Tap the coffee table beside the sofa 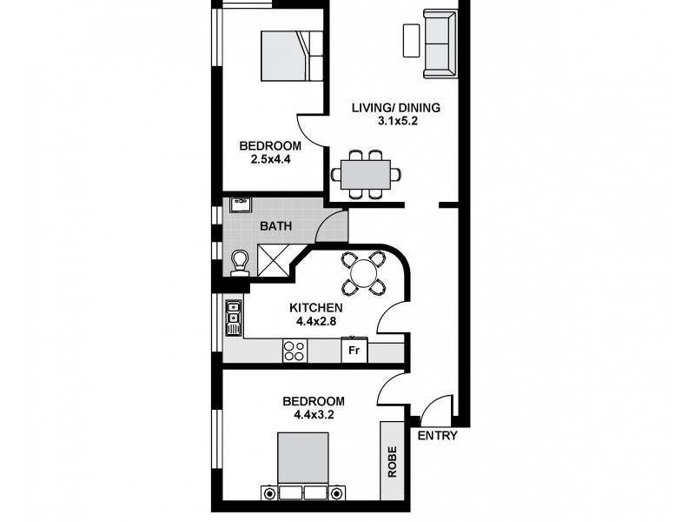412,40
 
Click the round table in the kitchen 362,274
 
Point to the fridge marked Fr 354,351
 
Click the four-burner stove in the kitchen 295,351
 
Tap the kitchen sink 233,318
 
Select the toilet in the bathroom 239,260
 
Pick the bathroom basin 240,205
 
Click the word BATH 275,228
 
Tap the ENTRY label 437,436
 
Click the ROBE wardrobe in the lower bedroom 393,461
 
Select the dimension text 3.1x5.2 396,122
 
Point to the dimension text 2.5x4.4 270,159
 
